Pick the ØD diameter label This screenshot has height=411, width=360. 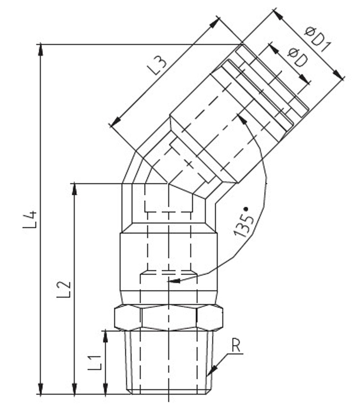[298, 58]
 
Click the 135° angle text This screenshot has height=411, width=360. [244, 223]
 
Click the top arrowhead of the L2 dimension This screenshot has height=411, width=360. [74, 189]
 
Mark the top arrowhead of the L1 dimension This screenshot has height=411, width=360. [105, 337]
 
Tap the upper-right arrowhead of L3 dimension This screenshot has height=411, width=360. [214, 23]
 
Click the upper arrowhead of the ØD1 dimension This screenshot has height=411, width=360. [278, 15]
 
